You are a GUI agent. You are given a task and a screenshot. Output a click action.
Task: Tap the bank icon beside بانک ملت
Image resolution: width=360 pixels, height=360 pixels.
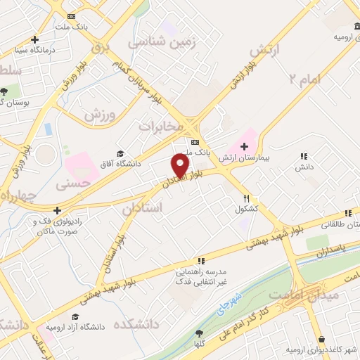click(70, 15)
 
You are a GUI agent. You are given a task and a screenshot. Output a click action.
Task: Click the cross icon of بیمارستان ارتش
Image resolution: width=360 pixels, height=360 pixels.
click(243, 146)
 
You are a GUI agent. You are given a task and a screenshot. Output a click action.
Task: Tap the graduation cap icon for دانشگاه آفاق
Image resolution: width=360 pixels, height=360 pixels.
click(120, 153)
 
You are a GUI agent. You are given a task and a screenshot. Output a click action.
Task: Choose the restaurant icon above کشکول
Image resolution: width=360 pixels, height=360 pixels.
click(246, 198)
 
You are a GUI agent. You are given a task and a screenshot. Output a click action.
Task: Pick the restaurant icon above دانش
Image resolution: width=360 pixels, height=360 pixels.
click(304, 156)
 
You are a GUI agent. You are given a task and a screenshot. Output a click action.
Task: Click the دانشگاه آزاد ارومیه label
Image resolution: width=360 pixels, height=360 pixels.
click(75, 327)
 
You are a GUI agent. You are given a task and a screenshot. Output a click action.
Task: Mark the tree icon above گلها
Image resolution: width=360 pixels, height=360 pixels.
click(200, 333)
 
